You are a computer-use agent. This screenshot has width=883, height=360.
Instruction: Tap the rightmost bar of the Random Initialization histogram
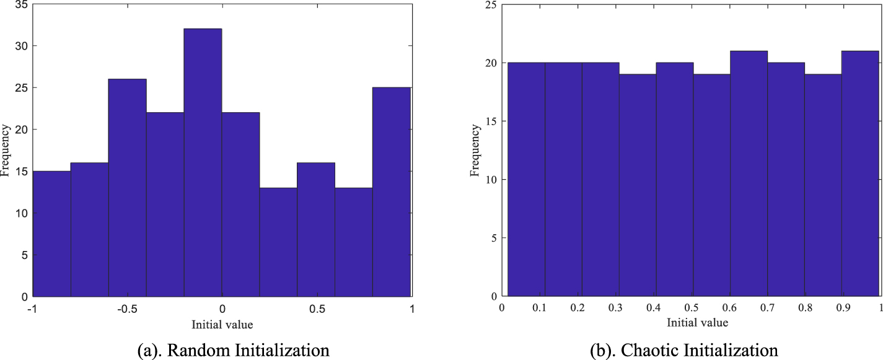[391, 192]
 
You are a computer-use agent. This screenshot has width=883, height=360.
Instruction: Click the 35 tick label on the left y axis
[21, 4]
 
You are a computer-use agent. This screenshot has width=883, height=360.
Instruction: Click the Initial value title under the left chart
[222, 323]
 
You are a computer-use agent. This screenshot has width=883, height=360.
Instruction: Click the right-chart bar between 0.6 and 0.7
[749, 174]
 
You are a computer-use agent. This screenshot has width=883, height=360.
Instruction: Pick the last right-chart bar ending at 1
[860, 174]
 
